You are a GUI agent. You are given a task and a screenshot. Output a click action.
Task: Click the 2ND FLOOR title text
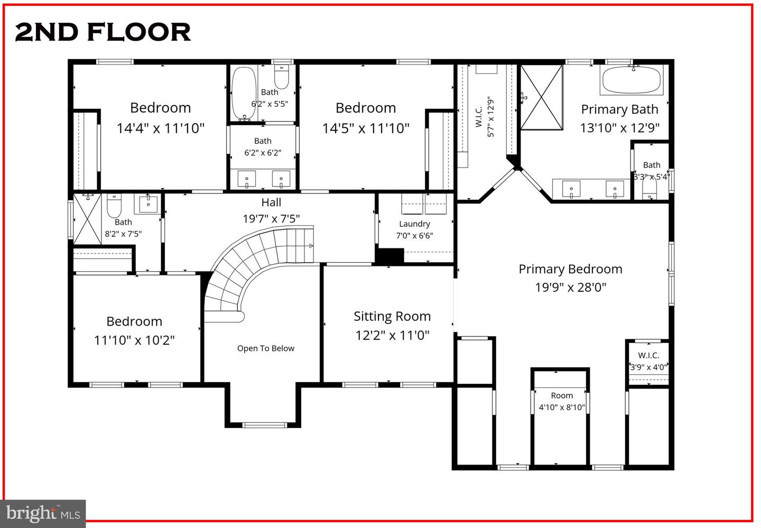pos(103,32)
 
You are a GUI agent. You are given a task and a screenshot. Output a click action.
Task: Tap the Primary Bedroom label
pos(570,269)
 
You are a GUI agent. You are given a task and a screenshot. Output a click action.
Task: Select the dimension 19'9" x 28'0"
pos(570,288)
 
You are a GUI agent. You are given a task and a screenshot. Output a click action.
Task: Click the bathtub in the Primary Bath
pos(631,80)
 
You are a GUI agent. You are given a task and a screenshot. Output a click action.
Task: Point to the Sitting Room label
pos(392,316)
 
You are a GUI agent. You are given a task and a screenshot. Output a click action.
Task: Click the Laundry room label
pos(414,224)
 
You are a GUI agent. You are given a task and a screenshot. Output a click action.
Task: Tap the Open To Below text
pos(265,348)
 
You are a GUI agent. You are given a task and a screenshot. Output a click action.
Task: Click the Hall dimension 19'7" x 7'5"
pos(271,219)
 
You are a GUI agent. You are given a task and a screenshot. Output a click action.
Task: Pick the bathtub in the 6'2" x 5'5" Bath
pos(243,93)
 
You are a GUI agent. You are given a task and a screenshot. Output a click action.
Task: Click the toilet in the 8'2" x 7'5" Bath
pos(114,206)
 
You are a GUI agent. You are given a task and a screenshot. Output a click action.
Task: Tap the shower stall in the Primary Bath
pos(542,97)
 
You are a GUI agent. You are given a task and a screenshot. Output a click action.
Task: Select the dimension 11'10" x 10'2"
pos(134,340)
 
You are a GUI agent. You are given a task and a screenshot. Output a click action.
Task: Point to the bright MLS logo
pos(42,513)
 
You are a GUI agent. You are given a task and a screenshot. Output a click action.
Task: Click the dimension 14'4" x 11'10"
pos(160,128)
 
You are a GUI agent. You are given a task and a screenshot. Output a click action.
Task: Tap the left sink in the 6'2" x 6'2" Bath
pos(246,179)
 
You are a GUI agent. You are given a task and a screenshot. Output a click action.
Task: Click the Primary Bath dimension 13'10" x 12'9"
pos(619,128)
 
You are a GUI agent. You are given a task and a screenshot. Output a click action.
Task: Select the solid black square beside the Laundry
pos(389,256)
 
